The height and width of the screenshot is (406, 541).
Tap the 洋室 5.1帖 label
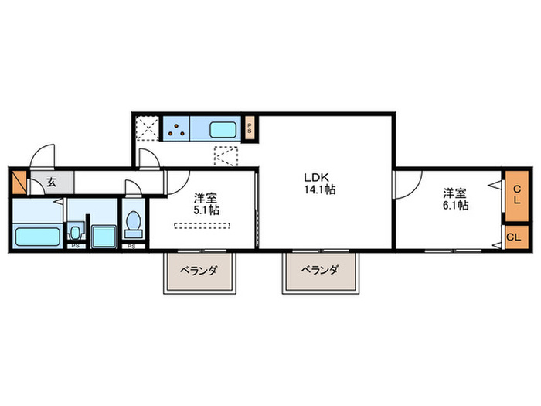click(x=206, y=203)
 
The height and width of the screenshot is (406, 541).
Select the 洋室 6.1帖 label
click(x=456, y=199)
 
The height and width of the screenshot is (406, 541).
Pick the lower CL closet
click(x=515, y=236)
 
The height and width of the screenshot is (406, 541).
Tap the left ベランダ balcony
click(x=199, y=272)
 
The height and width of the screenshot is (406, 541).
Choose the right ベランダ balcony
click(x=320, y=271)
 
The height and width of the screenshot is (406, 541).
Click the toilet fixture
click(x=134, y=225)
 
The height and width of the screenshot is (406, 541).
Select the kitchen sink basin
click(x=225, y=128)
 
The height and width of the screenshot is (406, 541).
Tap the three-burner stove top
click(x=175, y=128)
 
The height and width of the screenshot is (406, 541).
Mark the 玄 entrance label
click(x=51, y=183)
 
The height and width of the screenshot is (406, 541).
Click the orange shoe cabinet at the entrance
click(x=19, y=182)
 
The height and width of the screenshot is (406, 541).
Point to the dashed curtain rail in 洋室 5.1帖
click(x=202, y=226)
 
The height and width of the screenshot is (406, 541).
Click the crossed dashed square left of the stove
click(x=147, y=128)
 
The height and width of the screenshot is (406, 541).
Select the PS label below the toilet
click(x=131, y=247)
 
